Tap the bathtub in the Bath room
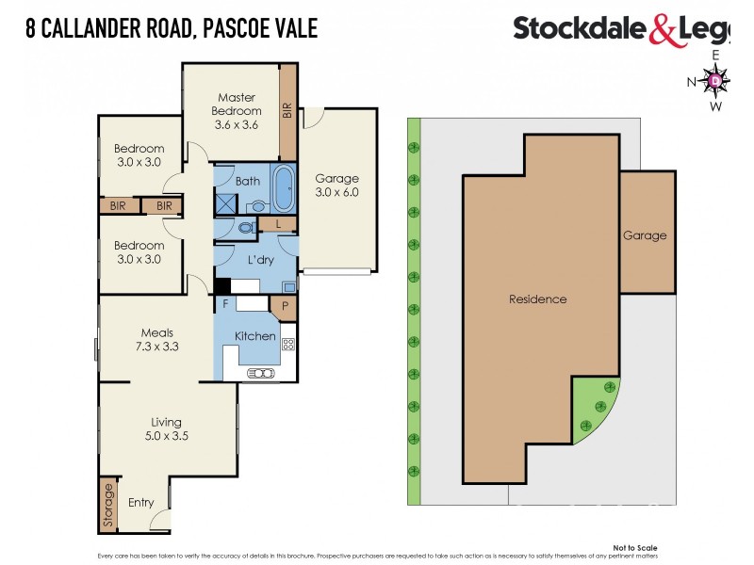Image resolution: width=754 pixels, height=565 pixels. [282, 186]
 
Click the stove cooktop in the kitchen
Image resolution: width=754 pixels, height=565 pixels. [288, 345]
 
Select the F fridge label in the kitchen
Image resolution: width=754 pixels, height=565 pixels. [225, 304]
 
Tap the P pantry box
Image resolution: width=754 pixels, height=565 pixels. [283, 305]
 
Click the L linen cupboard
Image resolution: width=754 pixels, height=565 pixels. [279, 224]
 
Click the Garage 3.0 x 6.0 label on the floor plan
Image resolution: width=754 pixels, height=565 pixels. [336, 186]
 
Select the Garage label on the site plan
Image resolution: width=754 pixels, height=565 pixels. [645, 235]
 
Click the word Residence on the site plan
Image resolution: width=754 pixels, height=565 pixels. [538, 299]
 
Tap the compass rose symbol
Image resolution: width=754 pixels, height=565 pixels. [715, 82]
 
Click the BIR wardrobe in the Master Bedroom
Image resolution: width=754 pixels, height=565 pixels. [288, 110]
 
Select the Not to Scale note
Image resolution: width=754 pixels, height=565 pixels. [635, 548]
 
